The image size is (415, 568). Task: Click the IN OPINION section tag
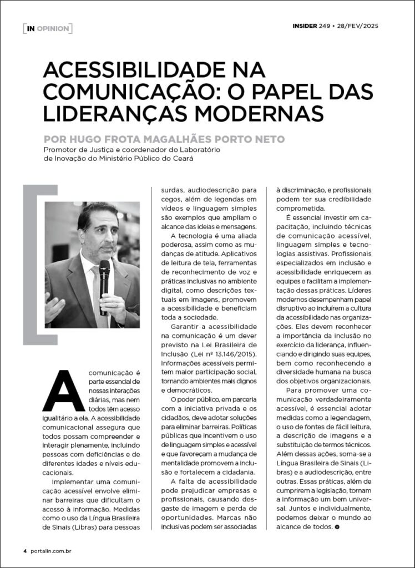click(47, 28)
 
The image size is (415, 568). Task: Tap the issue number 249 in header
click(325, 26)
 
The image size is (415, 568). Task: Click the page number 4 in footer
click(24, 551)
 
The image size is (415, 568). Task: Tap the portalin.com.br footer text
click(50, 551)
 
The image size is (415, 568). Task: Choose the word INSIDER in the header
click(305, 26)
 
